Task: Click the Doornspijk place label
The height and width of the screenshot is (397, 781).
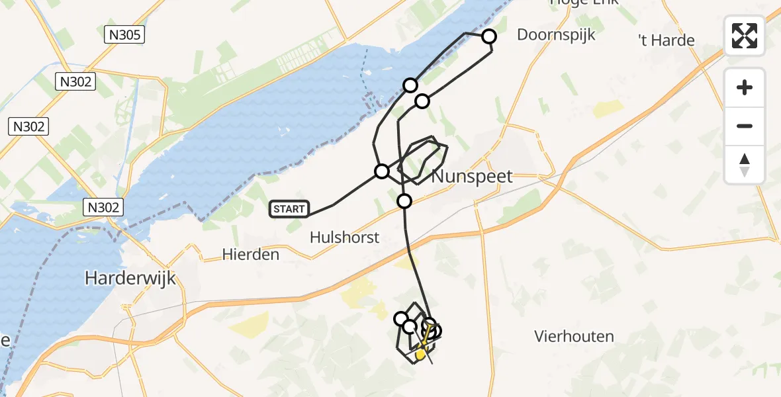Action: [556, 34]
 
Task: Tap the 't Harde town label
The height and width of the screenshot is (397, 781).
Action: [666, 40]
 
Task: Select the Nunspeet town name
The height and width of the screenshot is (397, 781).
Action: [472, 177]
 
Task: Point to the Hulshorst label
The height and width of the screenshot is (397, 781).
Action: [345, 237]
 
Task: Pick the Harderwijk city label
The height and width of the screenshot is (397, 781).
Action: [130, 279]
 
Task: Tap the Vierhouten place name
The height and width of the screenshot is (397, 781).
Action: [574, 336]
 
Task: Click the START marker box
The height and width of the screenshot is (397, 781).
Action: [289, 210]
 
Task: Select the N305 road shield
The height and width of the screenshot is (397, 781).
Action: [124, 35]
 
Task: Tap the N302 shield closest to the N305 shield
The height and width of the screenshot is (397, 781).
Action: [75, 82]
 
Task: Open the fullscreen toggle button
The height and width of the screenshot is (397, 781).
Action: [745, 36]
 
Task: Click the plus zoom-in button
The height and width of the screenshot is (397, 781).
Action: [745, 87]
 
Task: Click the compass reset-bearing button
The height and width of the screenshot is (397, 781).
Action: [745, 165]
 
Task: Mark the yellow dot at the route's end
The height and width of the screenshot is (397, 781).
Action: [420, 355]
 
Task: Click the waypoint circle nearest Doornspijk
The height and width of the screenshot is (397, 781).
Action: [488, 36]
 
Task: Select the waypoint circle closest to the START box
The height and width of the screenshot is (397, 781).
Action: [382, 172]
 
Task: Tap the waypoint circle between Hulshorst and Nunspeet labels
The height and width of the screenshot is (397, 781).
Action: [404, 201]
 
